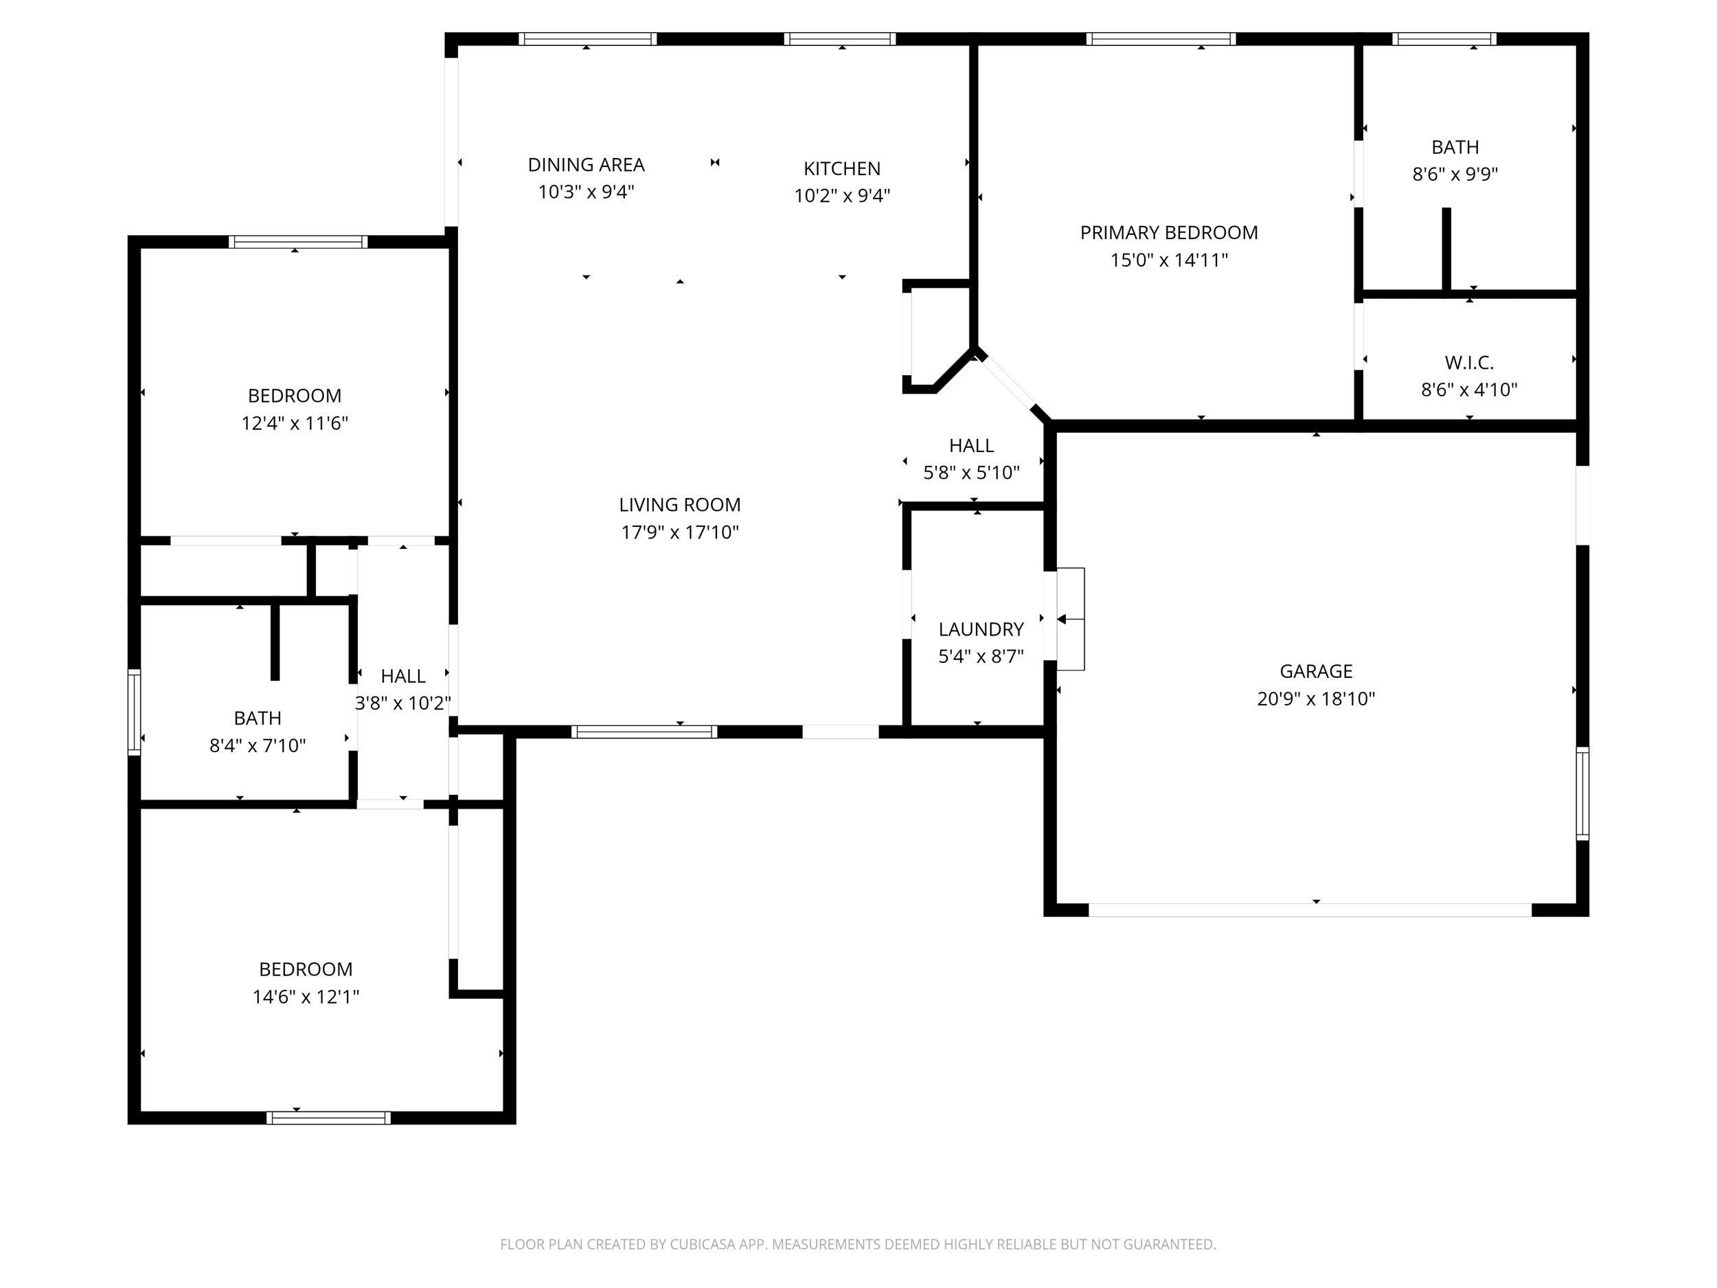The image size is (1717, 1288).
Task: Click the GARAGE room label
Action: [1316, 670]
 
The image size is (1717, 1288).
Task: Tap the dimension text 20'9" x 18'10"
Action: [1316, 699]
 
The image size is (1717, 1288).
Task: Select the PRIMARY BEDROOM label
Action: [1169, 232]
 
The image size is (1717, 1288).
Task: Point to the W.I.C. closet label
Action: [1468, 363]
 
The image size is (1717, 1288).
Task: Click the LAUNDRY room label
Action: [980, 629]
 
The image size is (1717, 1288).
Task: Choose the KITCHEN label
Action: [841, 168]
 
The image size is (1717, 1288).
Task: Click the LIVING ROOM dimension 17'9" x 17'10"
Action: [679, 532]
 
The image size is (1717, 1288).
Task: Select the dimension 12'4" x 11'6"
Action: [294, 423]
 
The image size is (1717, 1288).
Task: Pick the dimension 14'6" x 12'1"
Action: [305, 996]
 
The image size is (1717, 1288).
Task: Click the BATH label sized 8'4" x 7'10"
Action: [257, 718]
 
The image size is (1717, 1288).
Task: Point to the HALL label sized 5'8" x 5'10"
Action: [971, 446]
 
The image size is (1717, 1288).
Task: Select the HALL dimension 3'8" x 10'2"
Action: [403, 703]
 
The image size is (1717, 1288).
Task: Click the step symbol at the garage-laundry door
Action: [1071, 619]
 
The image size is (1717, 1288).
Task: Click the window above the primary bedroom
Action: [1161, 39]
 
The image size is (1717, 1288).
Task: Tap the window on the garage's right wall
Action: [1582, 793]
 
